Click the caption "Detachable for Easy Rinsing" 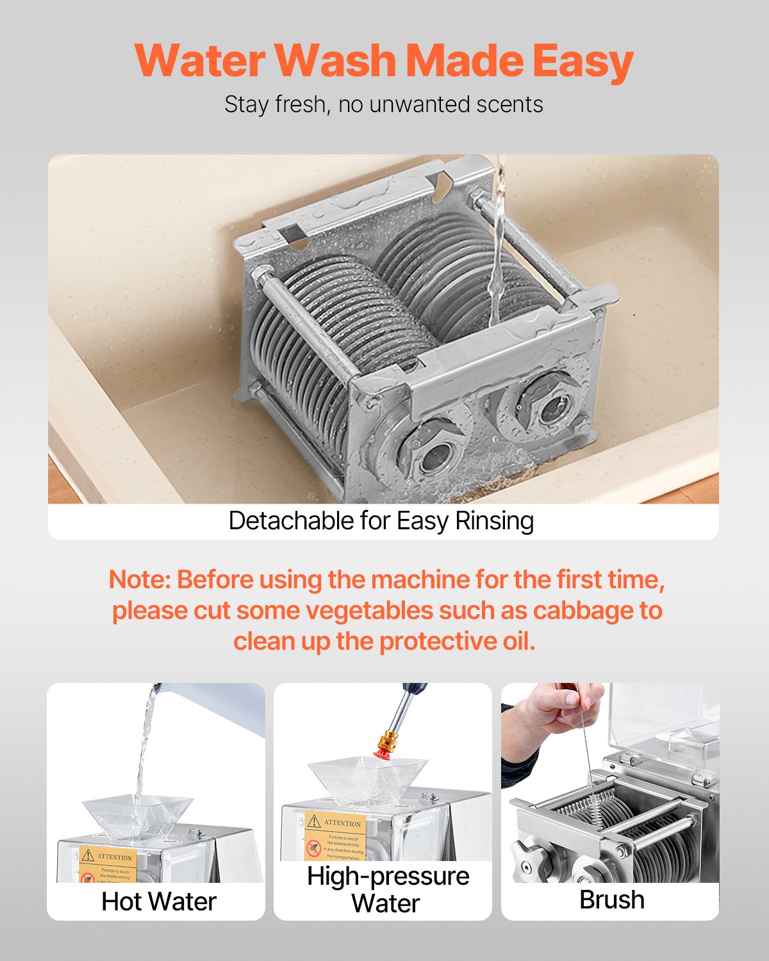tap(381, 521)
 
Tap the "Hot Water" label tap(159, 901)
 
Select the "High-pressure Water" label tap(387, 889)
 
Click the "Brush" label tap(611, 899)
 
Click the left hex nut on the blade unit tap(432, 452)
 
